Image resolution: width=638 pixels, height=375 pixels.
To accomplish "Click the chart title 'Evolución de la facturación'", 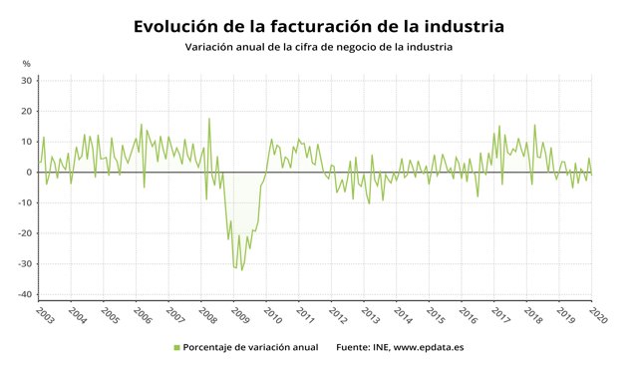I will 319,24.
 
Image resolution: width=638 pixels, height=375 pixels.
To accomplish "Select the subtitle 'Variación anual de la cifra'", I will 319,47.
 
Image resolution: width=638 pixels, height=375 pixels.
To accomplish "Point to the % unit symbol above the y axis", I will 27,65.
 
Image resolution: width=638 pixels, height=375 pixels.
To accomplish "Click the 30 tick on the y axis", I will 27,81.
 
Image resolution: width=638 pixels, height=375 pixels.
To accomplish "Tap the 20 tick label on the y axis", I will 27,112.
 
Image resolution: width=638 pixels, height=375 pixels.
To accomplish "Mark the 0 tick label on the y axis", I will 30,173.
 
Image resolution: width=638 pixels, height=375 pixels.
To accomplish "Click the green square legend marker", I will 177,348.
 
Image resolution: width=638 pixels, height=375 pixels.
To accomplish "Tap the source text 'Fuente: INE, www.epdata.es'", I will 400,348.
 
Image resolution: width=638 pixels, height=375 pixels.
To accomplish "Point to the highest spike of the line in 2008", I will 209,119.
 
